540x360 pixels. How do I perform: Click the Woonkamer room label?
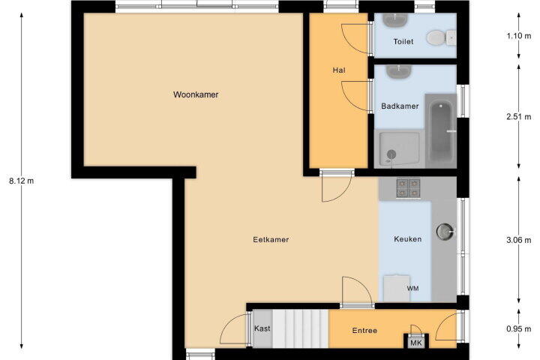click(x=196, y=94)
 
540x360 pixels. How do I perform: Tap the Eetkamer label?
click(x=271, y=239)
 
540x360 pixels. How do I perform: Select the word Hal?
click(x=339, y=70)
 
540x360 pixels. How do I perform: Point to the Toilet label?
click(x=403, y=42)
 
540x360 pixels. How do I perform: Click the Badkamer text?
click(x=400, y=106)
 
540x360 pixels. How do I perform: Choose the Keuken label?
click(x=408, y=238)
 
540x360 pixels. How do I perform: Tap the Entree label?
click(x=364, y=331)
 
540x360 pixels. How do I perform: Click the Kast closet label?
click(x=262, y=328)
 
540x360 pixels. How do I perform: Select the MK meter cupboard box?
click(x=416, y=342)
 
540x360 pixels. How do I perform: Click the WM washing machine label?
click(x=412, y=288)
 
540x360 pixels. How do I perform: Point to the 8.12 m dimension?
click(x=21, y=181)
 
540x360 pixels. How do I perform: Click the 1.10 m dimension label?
click(x=519, y=35)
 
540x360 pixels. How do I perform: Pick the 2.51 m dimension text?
click(x=519, y=117)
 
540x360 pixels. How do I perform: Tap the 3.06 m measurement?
click(x=519, y=240)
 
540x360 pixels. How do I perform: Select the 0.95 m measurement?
click(x=519, y=329)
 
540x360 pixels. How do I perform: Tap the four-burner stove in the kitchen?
click(x=408, y=188)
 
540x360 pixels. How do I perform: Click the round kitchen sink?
click(x=445, y=231)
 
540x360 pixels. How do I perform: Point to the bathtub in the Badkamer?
click(x=441, y=131)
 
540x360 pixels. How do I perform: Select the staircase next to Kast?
click(x=300, y=328)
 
